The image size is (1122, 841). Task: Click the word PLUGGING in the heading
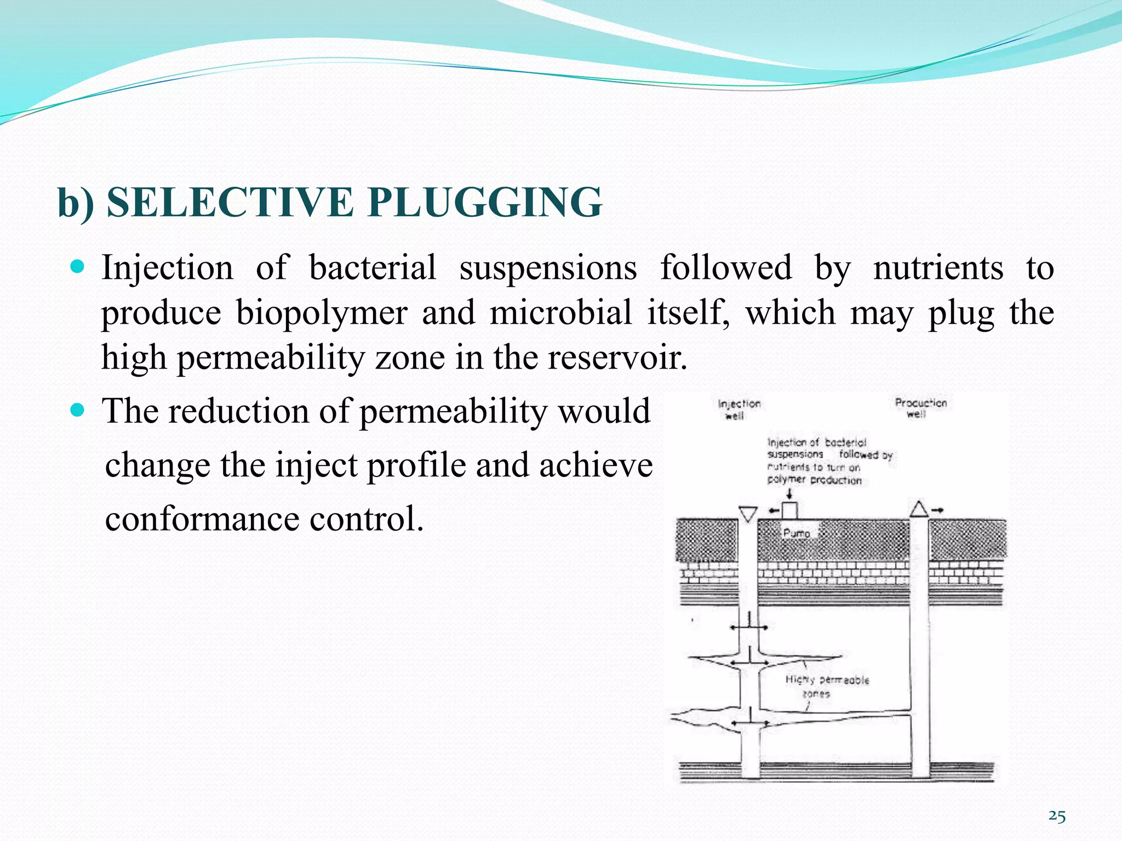click(x=484, y=203)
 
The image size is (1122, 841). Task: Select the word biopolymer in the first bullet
click(x=322, y=313)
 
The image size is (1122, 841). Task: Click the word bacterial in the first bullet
click(x=373, y=268)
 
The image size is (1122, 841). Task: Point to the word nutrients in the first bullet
click(x=938, y=268)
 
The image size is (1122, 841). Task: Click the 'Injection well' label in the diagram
click(x=739, y=409)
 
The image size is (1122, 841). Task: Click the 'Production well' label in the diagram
click(x=920, y=408)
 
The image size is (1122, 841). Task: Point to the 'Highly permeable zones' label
click(x=827, y=686)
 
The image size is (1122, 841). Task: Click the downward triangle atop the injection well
click(x=748, y=514)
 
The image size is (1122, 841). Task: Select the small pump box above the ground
click(x=789, y=510)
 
